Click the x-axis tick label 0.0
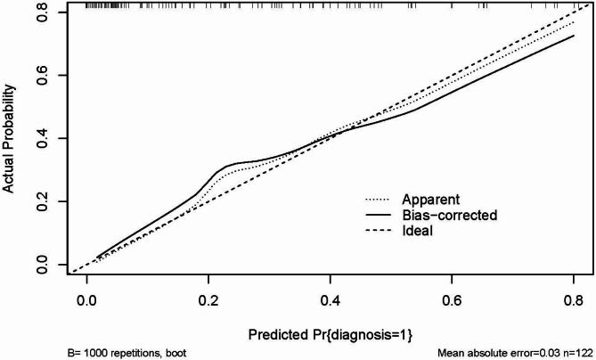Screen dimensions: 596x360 coord(86,301)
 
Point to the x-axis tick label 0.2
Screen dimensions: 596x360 coord(208,301)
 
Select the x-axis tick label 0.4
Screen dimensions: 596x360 coord(330,301)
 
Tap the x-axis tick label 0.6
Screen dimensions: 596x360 coord(452,301)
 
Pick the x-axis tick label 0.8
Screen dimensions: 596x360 coord(573,301)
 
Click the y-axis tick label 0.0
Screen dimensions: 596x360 coord(44,264)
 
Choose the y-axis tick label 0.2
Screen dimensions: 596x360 coord(44,201)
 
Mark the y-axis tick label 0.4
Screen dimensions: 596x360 coord(44,138)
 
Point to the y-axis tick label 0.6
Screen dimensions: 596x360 coord(44,75)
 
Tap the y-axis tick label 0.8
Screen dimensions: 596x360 coord(44,12)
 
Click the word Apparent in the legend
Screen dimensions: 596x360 coord(430,200)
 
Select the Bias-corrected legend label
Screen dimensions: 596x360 coord(450,215)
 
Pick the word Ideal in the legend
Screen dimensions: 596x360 coord(417,231)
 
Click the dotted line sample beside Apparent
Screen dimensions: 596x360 coord(378,200)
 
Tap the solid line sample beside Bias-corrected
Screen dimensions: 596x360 coord(378,215)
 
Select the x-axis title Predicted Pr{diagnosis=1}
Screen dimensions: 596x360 coord(331,334)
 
